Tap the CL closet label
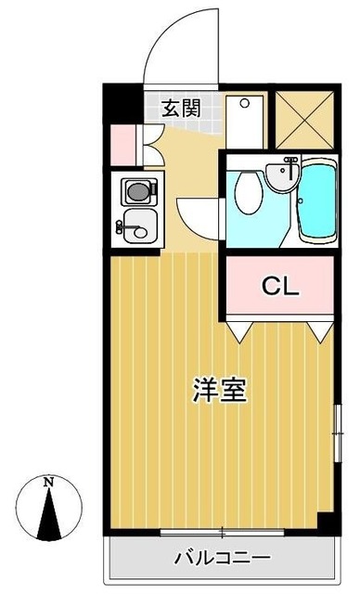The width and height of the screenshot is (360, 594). (x=277, y=286)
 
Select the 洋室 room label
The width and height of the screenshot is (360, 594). (x=219, y=391)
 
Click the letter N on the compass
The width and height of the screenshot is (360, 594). (x=48, y=482)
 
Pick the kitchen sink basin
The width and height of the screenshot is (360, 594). (x=136, y=224)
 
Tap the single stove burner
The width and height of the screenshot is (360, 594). (x=136, y=192)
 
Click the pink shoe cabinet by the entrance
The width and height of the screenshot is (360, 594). (x=122, y=143)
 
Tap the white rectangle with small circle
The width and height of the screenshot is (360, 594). (x=245, y=119)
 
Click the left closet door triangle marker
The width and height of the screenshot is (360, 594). (x=238, y=328)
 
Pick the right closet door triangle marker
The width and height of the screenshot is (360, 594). (x=321, y=328)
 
